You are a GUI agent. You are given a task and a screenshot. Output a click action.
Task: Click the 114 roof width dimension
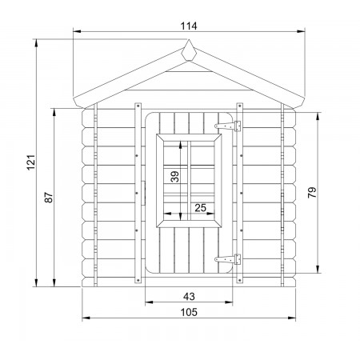pyautogui.click(x=189, y=26)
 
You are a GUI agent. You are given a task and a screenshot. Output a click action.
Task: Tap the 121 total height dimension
pyautogui.click(x=31, y=162)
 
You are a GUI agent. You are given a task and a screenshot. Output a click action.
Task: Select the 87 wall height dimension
pyautogui.click(x=49, y=198)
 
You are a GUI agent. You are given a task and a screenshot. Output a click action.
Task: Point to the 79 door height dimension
pyautogui.click(x=312, y=192)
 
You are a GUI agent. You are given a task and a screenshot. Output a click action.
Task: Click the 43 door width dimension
pyautogui.click(x=189, y=296)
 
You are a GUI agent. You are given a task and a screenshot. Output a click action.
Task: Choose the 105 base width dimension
pyautogui.click(x=189, y=312)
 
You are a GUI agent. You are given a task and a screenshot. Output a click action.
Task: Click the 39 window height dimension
pyautogui.click(x=175, y=177)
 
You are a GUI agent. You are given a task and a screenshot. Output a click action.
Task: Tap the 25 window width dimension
pyautogui.click(x=201, y=208)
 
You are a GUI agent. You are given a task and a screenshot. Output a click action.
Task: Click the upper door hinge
pyautogui.click(x=228, y=126)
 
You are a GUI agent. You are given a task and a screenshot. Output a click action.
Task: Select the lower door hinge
pyautogui.click(x=228, y=259)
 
